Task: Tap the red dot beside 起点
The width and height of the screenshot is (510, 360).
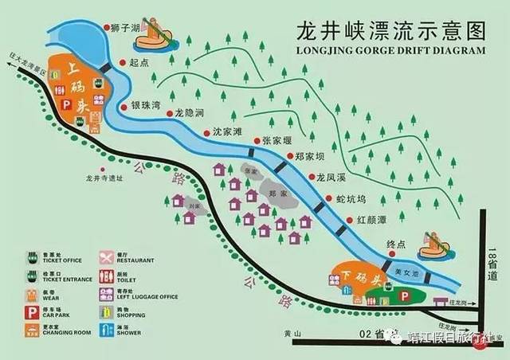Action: click(x=121, y=61)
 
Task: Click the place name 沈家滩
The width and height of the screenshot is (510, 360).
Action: click(x=227, y=132)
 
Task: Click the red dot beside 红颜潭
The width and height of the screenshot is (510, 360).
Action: click(x=348, y=218)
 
